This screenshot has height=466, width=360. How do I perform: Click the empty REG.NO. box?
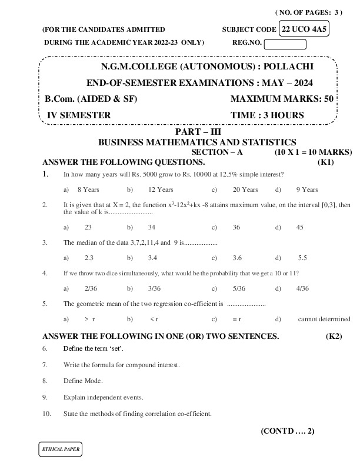(x=285, y=44)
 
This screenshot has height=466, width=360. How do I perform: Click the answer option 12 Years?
(x=161, y=189)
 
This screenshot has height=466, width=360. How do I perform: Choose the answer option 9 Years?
(x=307, y=189)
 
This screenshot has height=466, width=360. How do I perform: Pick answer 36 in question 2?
(x=236, y=227)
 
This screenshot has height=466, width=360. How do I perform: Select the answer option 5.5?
(x=303, y=258)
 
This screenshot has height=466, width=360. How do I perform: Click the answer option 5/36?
(x=239, y=288)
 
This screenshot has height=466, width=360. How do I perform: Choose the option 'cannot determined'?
(x=324, y=319)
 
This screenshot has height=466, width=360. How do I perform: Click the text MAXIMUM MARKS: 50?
(x=282, y=99)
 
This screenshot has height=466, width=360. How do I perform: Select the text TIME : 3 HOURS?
(x=268, y=115)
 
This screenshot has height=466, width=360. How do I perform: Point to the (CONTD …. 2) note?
(x=288, y=431)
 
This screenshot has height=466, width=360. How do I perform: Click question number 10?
(x=46, y=414)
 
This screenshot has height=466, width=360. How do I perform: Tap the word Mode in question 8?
(x=94, y=381)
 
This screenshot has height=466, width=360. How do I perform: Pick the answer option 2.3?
(x=89, y=258)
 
